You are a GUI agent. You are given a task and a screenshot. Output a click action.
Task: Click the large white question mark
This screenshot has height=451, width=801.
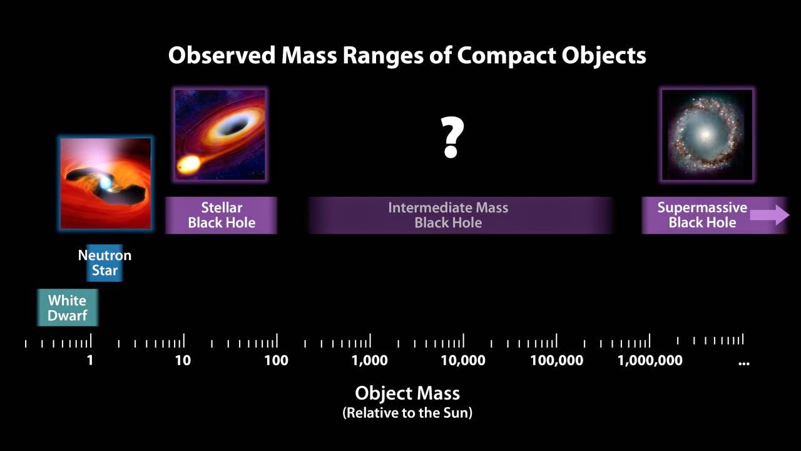coord(452,137)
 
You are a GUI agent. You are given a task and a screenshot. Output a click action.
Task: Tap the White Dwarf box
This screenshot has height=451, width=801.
coord(68,308)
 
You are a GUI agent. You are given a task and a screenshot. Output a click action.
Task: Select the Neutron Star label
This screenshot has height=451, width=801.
coord(105,262)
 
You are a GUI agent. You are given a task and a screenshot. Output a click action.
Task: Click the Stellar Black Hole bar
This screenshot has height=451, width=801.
coord(222,215)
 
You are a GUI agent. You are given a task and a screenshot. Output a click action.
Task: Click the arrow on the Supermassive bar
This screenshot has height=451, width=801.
coord(770,215)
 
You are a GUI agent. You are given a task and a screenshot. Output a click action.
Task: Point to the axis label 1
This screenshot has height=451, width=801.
coord(90,360)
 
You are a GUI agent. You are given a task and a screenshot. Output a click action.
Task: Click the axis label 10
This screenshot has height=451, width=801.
coord(183,360)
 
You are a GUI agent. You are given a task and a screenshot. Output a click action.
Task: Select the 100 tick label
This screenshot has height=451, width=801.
coord(277,360)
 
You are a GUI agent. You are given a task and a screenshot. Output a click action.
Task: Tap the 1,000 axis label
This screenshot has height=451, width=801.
coord(370,360)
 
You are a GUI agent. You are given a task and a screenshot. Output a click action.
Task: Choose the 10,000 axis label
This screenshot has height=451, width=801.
coord(463,360)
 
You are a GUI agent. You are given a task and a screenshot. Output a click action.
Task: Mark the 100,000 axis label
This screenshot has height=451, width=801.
coord(557,360)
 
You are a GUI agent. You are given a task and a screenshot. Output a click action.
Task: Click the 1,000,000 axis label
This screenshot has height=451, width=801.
coord(650,360)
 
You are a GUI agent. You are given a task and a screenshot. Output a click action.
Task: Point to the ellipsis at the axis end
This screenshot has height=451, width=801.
coord(744,363)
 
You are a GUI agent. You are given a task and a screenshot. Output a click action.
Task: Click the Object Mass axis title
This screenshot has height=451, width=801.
coord(407,393)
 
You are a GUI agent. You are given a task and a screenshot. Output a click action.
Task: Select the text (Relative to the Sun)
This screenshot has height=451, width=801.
coord(407,413)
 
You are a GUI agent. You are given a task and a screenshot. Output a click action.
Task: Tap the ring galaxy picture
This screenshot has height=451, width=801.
coord(707,135)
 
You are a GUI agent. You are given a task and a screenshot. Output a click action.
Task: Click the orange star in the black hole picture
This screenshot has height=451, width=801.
coord(188,164)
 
